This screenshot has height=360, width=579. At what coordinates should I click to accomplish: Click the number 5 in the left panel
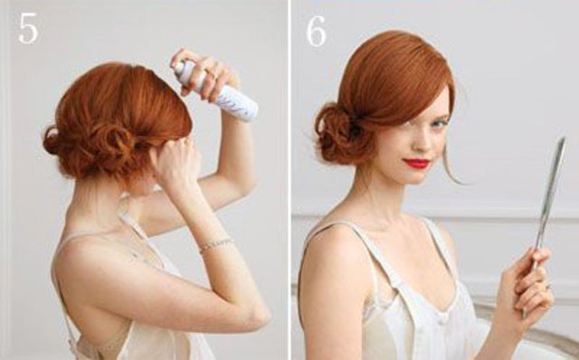[x=28, y=28]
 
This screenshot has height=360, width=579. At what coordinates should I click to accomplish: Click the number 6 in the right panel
[x=316, y=31]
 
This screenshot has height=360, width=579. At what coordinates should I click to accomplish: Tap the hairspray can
[x=217, y=90]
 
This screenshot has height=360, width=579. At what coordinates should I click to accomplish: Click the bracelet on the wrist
[x=217, y=244]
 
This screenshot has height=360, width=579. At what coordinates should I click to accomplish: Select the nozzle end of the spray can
[x=179, y=68]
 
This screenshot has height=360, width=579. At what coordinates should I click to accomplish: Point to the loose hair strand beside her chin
[x=452, y=166]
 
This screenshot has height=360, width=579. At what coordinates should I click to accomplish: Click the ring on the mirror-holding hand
[x=548, y=287]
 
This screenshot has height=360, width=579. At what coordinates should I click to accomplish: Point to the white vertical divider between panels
[x=289, y=180]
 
